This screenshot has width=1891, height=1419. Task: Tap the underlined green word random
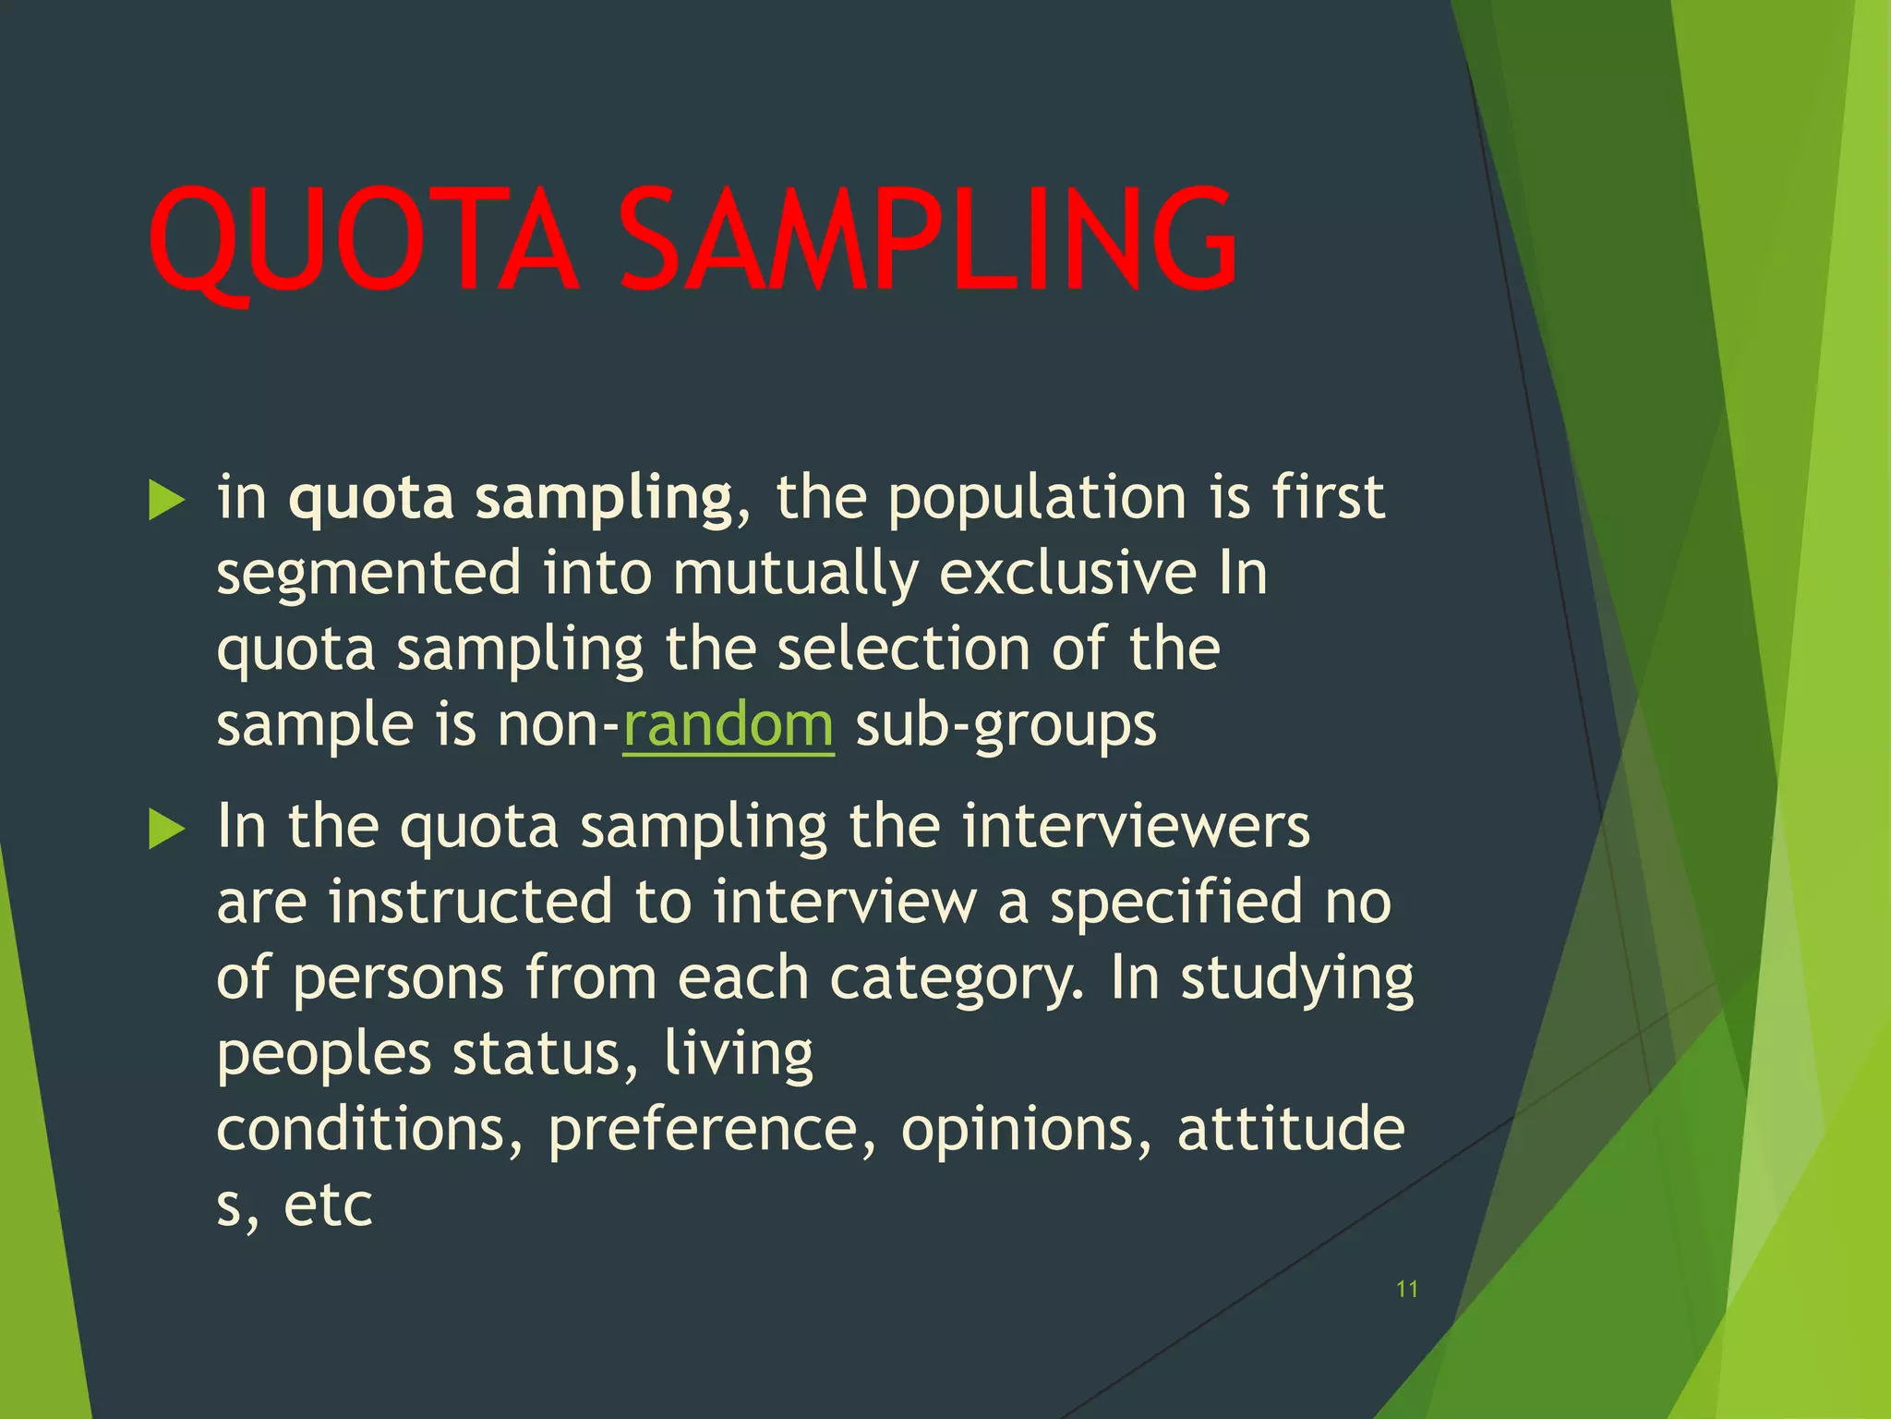(x=728, y=725)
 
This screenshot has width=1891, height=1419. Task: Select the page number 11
(x=1407, y=1289)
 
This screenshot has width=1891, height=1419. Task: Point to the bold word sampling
(x=603, y=500)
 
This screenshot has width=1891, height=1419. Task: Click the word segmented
(x=369, y=574)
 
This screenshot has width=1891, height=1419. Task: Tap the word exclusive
(x=1067, y=574)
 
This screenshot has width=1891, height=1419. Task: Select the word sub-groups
(x=1006, y=726)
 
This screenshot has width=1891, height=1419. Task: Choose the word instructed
(x=470, y=902)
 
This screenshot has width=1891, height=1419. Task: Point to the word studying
(x=1296, y=979)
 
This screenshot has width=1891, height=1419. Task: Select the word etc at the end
(x=328, y=1206)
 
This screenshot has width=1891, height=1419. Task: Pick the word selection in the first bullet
(x=903, y=649)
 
